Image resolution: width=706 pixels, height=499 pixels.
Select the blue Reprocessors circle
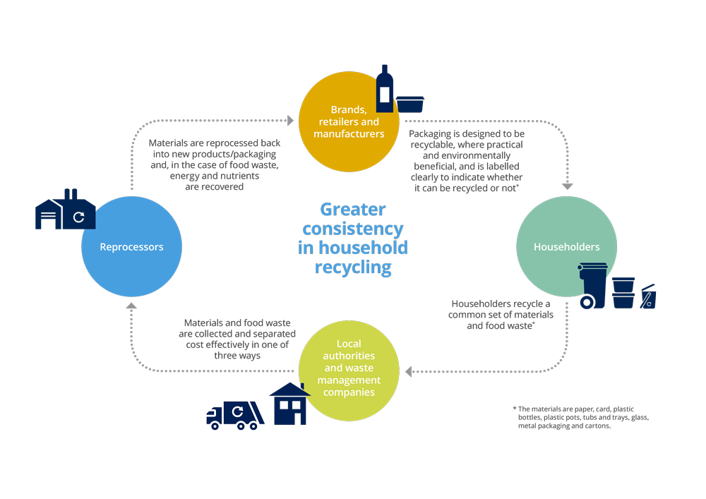point(132,247)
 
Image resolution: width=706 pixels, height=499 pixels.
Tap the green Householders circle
point(567,247)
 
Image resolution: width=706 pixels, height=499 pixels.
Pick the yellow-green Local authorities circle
point(349,368)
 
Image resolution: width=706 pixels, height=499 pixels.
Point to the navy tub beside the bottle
point(409,104)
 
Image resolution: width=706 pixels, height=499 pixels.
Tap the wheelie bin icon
point(592,285)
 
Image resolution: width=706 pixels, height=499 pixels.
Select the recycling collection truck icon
point(236,414)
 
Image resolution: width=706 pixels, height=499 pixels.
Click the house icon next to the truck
point(289,404)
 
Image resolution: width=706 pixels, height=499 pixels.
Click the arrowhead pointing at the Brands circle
point(290,121)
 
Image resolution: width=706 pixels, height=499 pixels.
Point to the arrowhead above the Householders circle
point(567,186)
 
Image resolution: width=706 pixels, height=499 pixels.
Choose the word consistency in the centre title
point(353,229)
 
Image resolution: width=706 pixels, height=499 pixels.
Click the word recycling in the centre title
point(353,267)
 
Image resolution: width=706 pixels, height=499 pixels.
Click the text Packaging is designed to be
point(467,133)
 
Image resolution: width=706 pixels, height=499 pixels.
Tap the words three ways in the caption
point(237,356)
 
